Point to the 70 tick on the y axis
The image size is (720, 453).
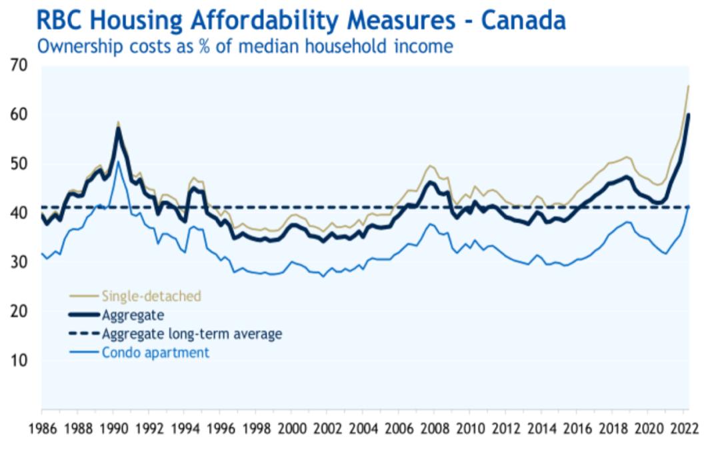click(x=19, y=65)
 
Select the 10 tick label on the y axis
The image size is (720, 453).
click(x=19, y=360)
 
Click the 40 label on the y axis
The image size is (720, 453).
click(x=19, y=213)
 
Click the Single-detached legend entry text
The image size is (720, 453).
click(x=151, y=296)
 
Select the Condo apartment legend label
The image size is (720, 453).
click(x=155, y=352)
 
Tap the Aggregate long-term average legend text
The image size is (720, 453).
click(x=191, y=334)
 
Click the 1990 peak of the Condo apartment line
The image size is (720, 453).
click(x=118, y=162)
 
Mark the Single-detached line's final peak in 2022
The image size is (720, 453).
click(x=688, y=86)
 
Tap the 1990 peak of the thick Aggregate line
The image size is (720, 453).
click(x=118, y=129)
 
